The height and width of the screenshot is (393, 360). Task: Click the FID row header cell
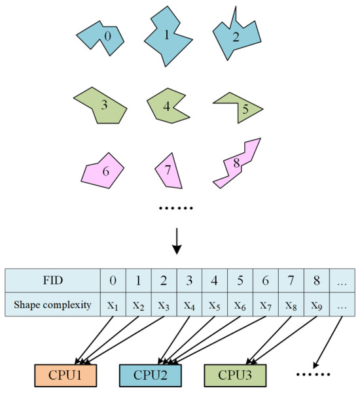52,281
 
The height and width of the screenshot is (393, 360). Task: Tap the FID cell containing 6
265,281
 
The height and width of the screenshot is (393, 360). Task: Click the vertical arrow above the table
177,241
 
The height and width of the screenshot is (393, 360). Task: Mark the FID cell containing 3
189,281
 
